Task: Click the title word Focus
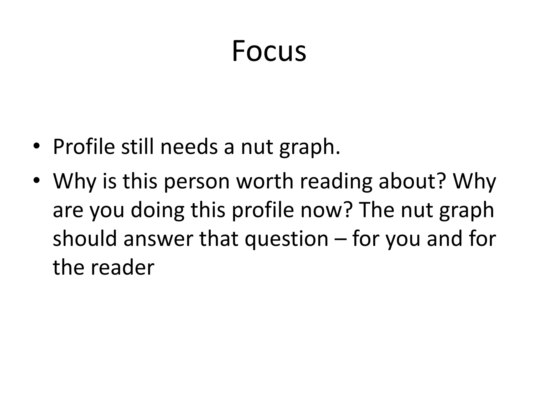click(269, 51)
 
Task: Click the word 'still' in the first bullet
click(137, 147)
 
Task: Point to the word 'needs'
click(189, 147)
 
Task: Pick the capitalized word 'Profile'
click(84, 147)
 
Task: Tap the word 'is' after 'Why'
click(109, 181)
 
